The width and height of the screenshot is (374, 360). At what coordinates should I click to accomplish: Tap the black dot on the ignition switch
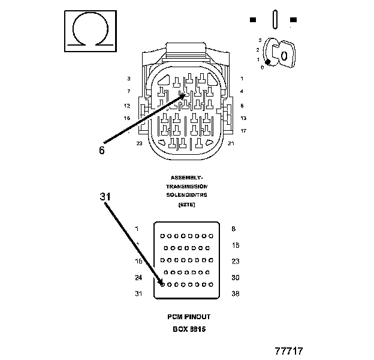pos(269,62)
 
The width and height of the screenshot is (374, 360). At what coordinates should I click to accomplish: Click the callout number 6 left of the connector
pos(102,151)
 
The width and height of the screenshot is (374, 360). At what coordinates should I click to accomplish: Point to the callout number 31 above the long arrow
pos(105,196)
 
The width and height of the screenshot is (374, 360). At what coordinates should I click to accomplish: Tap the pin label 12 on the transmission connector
pos(127,106)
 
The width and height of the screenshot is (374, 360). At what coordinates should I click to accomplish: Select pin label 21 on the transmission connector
pos(231,143)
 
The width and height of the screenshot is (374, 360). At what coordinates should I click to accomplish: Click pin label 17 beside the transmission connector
pos(243,131)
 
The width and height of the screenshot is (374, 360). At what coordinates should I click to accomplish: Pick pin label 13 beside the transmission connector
pos(243,118)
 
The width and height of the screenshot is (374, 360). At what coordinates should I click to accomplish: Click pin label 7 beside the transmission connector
pos(128,91)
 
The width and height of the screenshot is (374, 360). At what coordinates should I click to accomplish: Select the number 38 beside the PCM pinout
pos(236,294)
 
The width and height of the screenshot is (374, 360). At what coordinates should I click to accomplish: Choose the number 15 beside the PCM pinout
pos(236,245)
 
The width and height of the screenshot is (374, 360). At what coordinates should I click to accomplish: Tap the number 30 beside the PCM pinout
pos(236,278)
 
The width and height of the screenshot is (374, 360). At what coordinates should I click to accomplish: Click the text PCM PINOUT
pos(189,317)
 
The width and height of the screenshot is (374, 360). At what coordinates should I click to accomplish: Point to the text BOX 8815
pos(189,329)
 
